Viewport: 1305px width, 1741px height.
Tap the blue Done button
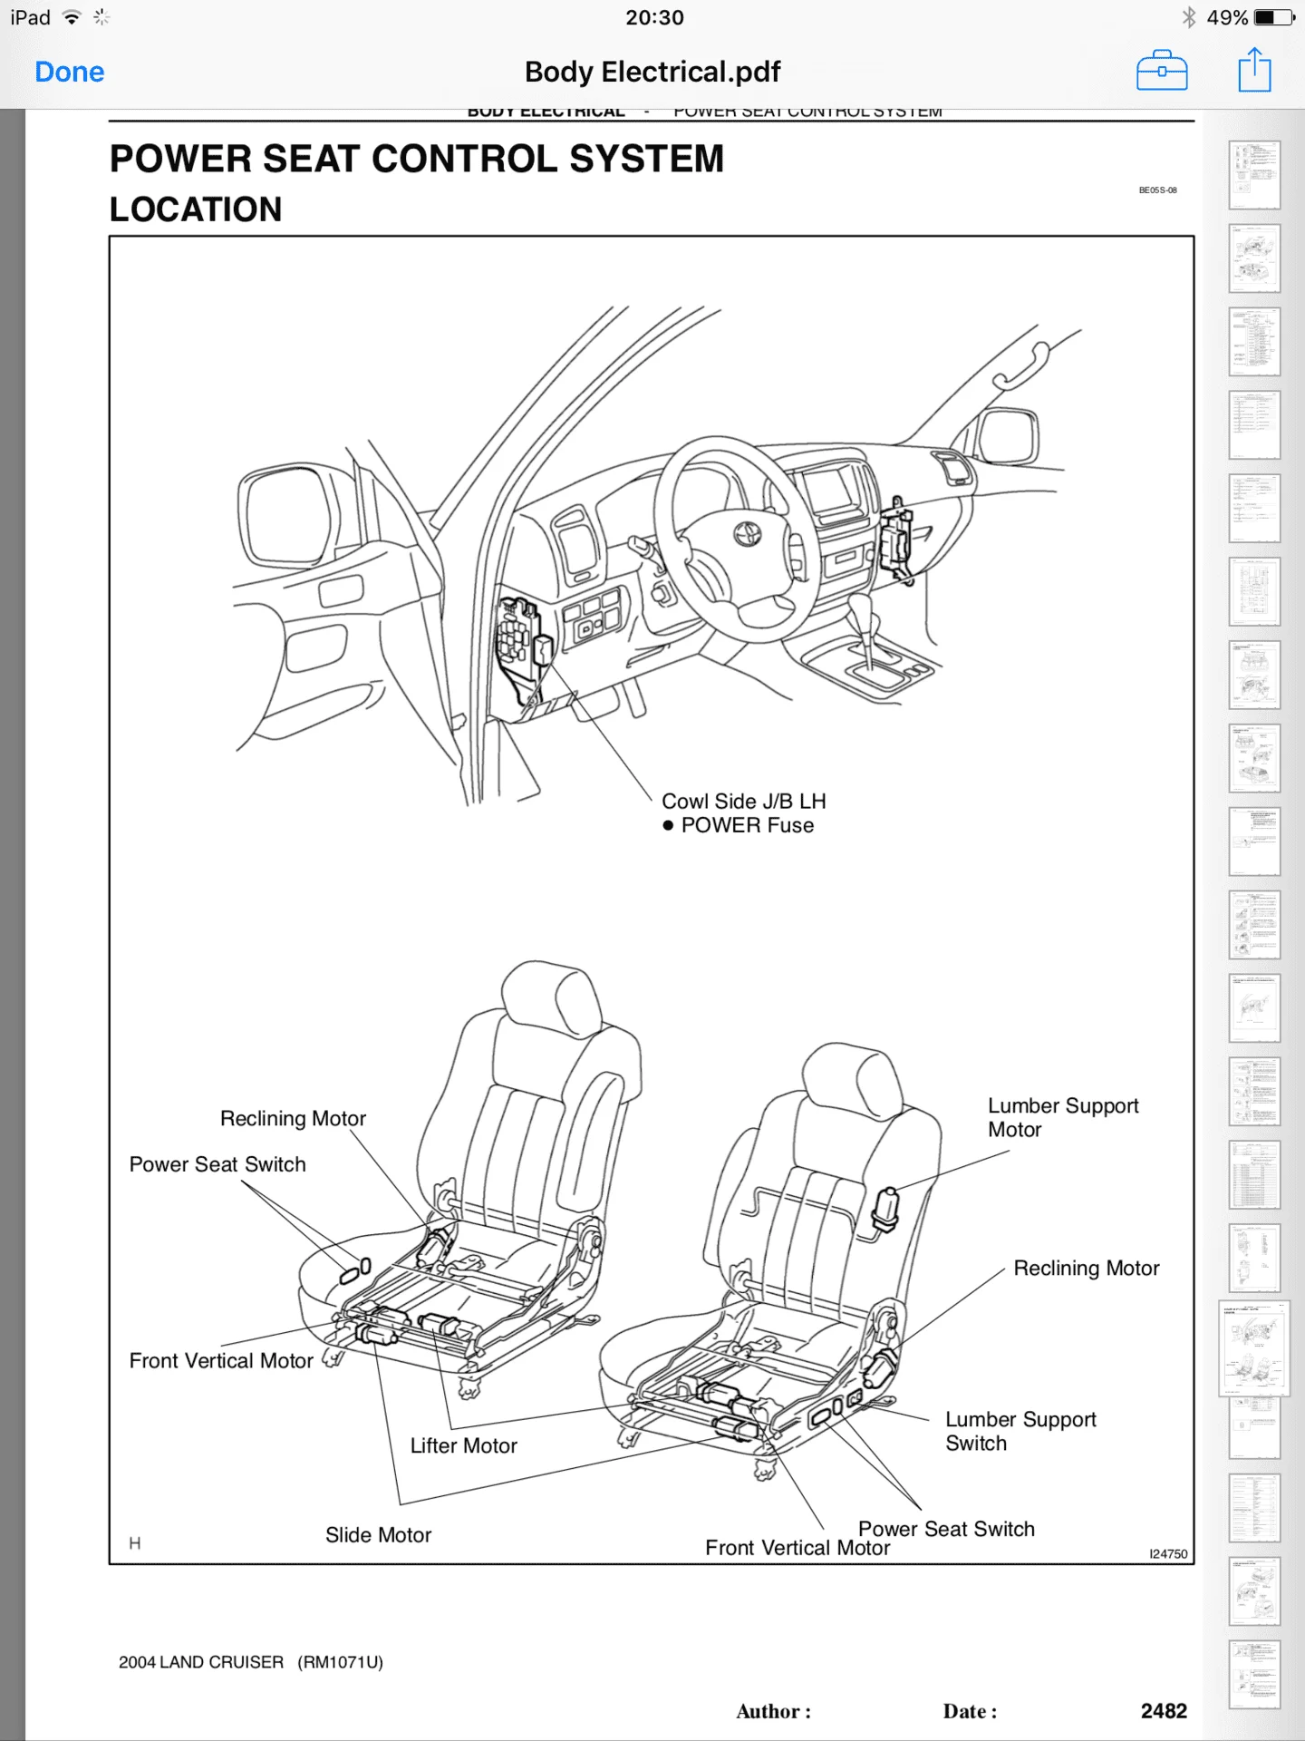(x=70, y=73)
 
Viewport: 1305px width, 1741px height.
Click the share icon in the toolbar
(x=1254, y=71)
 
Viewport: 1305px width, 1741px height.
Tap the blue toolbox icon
(x=1162, y=72)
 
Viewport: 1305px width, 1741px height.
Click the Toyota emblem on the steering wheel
(x=748, y=535)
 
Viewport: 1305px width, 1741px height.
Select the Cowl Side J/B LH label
(x=743, y=802)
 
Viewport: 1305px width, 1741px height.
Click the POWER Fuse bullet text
(x=747, y=825)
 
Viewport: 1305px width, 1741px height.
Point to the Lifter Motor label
(x=463, y=1445)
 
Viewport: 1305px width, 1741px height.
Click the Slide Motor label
(x=378, y=1535)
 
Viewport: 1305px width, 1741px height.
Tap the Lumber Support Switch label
(x=1020, y=1431)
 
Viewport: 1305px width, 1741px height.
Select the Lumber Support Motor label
(x=1062, y=1117)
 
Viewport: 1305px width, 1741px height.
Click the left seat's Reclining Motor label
(x=293, y=1119)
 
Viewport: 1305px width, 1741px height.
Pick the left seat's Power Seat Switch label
(x=217, y=1164)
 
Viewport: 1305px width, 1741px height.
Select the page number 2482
(x=1164, y=1711)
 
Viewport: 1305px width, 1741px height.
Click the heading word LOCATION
(x=196, y=209)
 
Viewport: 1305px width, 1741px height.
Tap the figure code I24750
(x=1168, y=1553)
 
